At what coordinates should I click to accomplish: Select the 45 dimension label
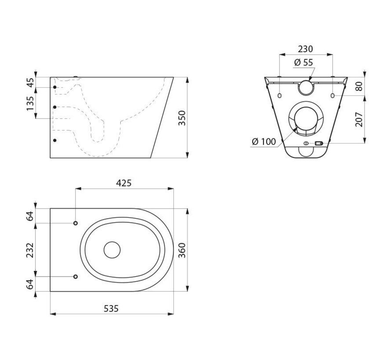[x=29, y=82]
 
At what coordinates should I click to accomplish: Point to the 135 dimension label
[x=29, y=103]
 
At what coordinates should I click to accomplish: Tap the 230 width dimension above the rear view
[x=306, y=49]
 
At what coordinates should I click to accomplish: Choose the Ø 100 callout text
[x=264, y=141]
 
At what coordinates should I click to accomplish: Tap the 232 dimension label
[x=29, y=250]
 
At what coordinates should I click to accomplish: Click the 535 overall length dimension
[x=111, y=309]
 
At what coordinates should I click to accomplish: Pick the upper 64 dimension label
[x=29, y=216]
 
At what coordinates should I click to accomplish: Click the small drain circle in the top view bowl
[x=112, y=249]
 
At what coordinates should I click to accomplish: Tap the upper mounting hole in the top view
[x=76, y=223]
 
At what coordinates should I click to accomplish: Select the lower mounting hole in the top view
[x=76, y=277]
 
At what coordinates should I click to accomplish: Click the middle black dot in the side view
[x=55, y=107]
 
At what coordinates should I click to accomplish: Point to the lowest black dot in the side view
[x=55, y=140]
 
